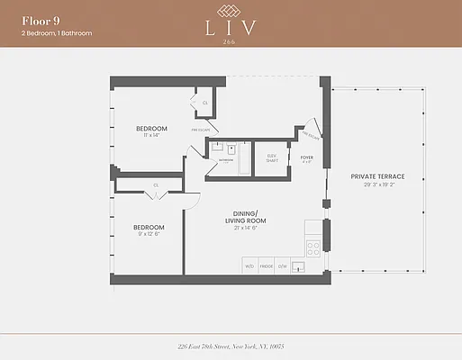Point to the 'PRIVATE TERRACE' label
[x=379, y=175]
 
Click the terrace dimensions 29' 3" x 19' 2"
[x=379, y=184]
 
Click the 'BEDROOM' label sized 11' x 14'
[x=152, y=129]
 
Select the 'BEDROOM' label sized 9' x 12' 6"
[x=149, y=227]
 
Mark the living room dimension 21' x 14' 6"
[x=242, y=229]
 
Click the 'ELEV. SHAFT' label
[x=271, y=158]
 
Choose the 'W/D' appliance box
[x=249, y=266]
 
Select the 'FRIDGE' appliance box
[x=266, y=266]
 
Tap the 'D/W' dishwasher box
[x=282, y=266]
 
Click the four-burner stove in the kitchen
[x=314, y=246]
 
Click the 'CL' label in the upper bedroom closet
[x=206, y=103]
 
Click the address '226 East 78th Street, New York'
[x=231, y=346]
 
